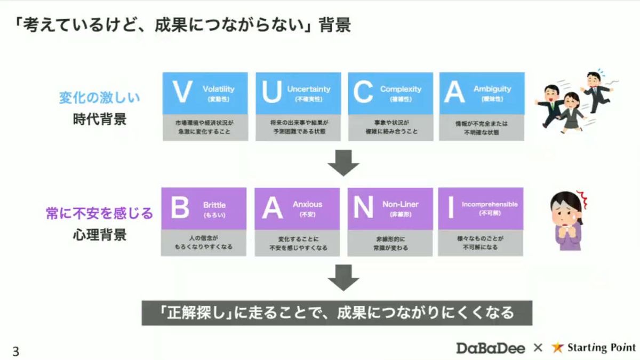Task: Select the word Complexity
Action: [x=401, y=89]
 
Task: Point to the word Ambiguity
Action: [x=492, y=89]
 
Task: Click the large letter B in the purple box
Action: [x=180, y=207]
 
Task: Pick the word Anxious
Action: [x=307, y=204]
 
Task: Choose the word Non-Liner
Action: [x=401, y=204]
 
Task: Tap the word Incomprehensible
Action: [x=490, y=204]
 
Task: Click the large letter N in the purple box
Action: [x=363, y=207]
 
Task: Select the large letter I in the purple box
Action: [x=451, y=207]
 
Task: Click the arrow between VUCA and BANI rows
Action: [x=343, y=163]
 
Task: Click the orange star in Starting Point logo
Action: [x=558, y=348]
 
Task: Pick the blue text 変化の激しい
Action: [x=100, y=98]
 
